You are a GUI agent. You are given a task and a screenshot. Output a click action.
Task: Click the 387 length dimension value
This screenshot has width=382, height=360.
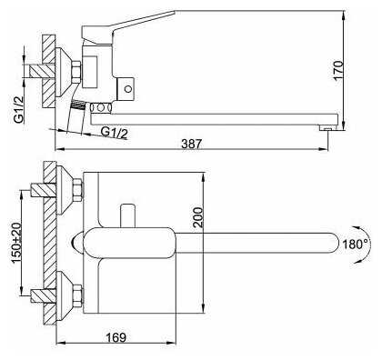pyautogui.click(x=191, y=144)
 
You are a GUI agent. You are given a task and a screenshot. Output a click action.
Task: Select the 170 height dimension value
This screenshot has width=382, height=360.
pyautogui.click(x=338, y=71)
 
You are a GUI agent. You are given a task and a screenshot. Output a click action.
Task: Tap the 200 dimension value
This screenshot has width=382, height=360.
pyautogui.click(x=198, y=217)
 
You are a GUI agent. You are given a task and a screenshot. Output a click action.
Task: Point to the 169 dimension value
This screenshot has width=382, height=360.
pyautogui.click(x=116, y=337)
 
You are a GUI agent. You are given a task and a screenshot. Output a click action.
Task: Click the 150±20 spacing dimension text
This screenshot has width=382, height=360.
pyautogui.click(x=16, y=243)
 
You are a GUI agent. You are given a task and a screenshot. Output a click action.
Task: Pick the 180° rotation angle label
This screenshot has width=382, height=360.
pyautogui.click(x=356, y=244)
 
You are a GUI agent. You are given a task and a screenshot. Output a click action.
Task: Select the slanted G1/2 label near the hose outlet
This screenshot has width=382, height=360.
pyautogui.click(x=115, y=133)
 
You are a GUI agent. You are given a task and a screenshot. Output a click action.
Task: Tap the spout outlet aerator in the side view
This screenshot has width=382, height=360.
pyautogui.click(x=327, y=128)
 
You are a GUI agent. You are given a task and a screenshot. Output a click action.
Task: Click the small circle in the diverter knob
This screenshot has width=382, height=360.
pyautogui.click(x=128, y=89)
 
